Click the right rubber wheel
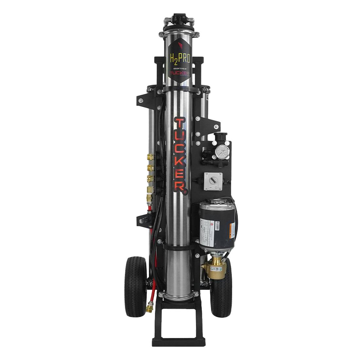222,288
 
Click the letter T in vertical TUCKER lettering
179,124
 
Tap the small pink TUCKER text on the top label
179,74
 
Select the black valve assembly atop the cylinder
179,21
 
